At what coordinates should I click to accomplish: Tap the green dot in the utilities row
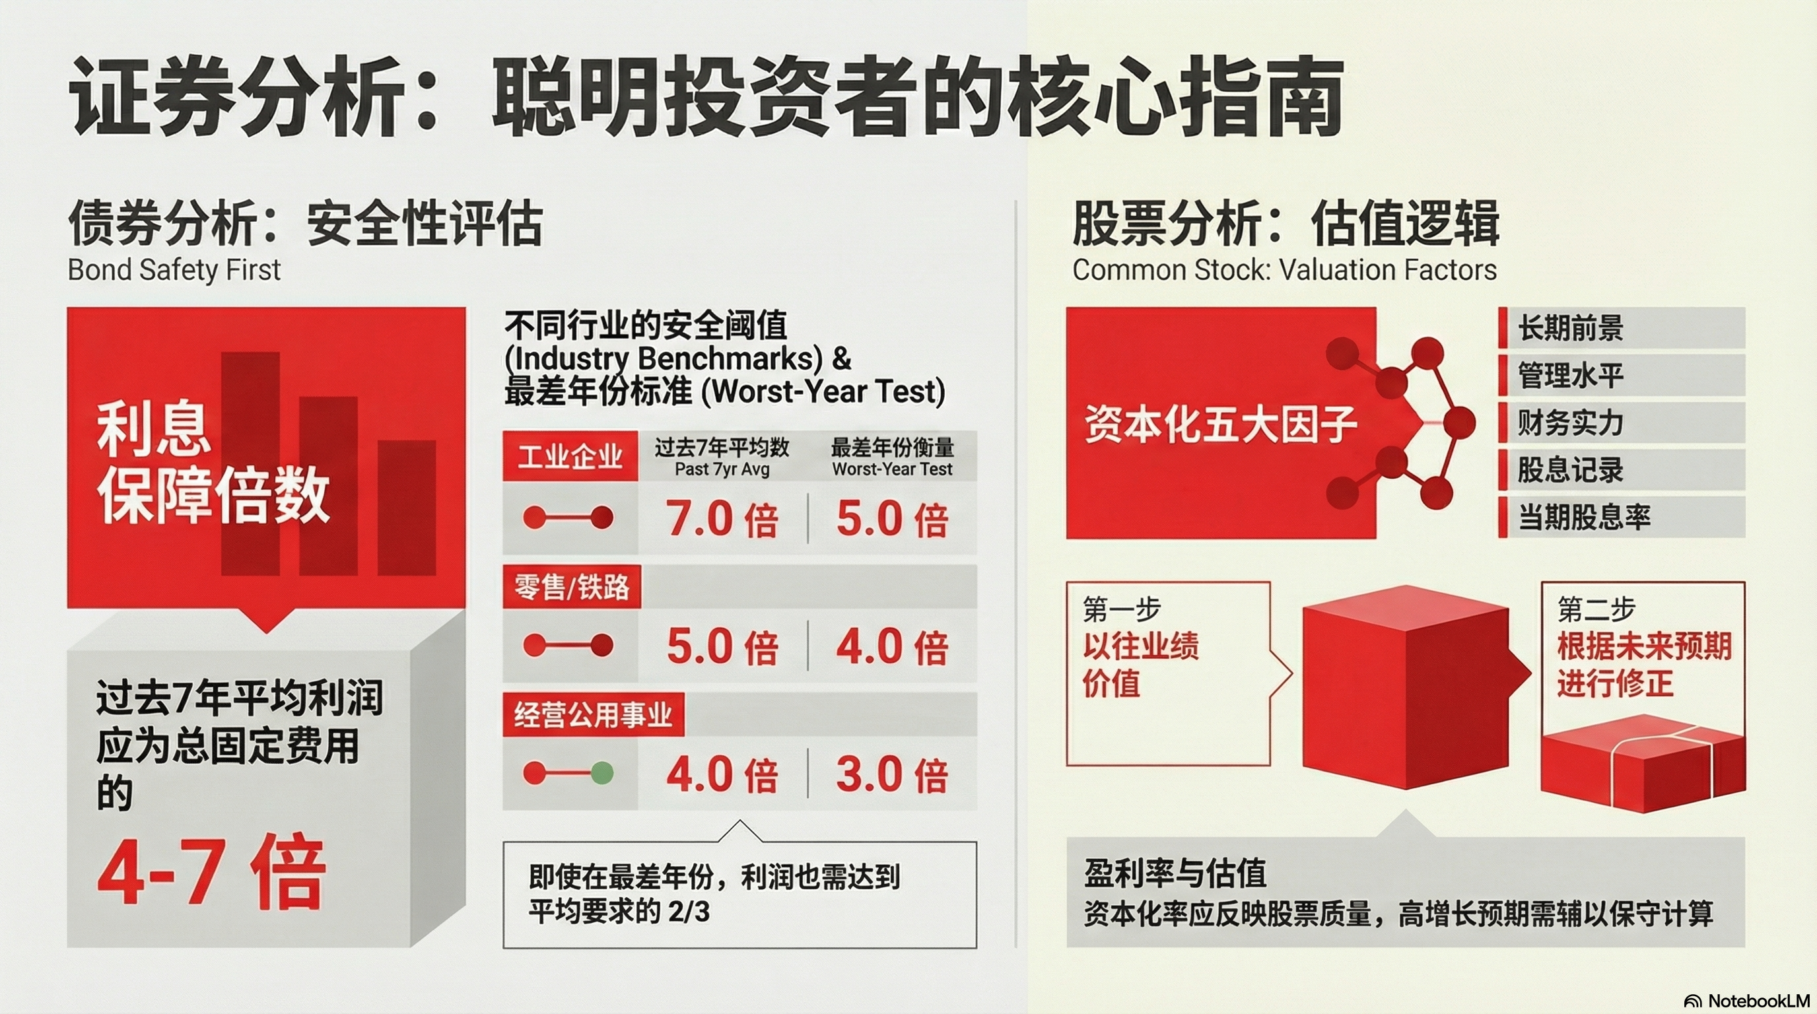click(601, 774)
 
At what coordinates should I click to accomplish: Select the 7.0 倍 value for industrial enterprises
click(722, 520)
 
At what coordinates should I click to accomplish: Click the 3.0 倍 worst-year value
click(892, 775)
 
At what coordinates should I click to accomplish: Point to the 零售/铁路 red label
click(571, 587)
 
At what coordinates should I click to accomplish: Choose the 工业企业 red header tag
click(570, 456)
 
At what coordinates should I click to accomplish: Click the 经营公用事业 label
click(593, 715)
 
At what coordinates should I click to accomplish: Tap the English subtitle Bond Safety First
click(174, 270)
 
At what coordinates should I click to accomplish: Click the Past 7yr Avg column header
click(722, 469)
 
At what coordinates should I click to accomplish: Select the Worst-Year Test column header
click(892, 469)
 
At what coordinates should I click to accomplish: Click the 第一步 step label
click(1122, 609)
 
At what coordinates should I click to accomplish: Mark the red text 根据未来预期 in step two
click(1644, 646)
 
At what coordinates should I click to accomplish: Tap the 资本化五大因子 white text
click(1221, 424)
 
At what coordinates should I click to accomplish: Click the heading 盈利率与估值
click(1175, 873)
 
